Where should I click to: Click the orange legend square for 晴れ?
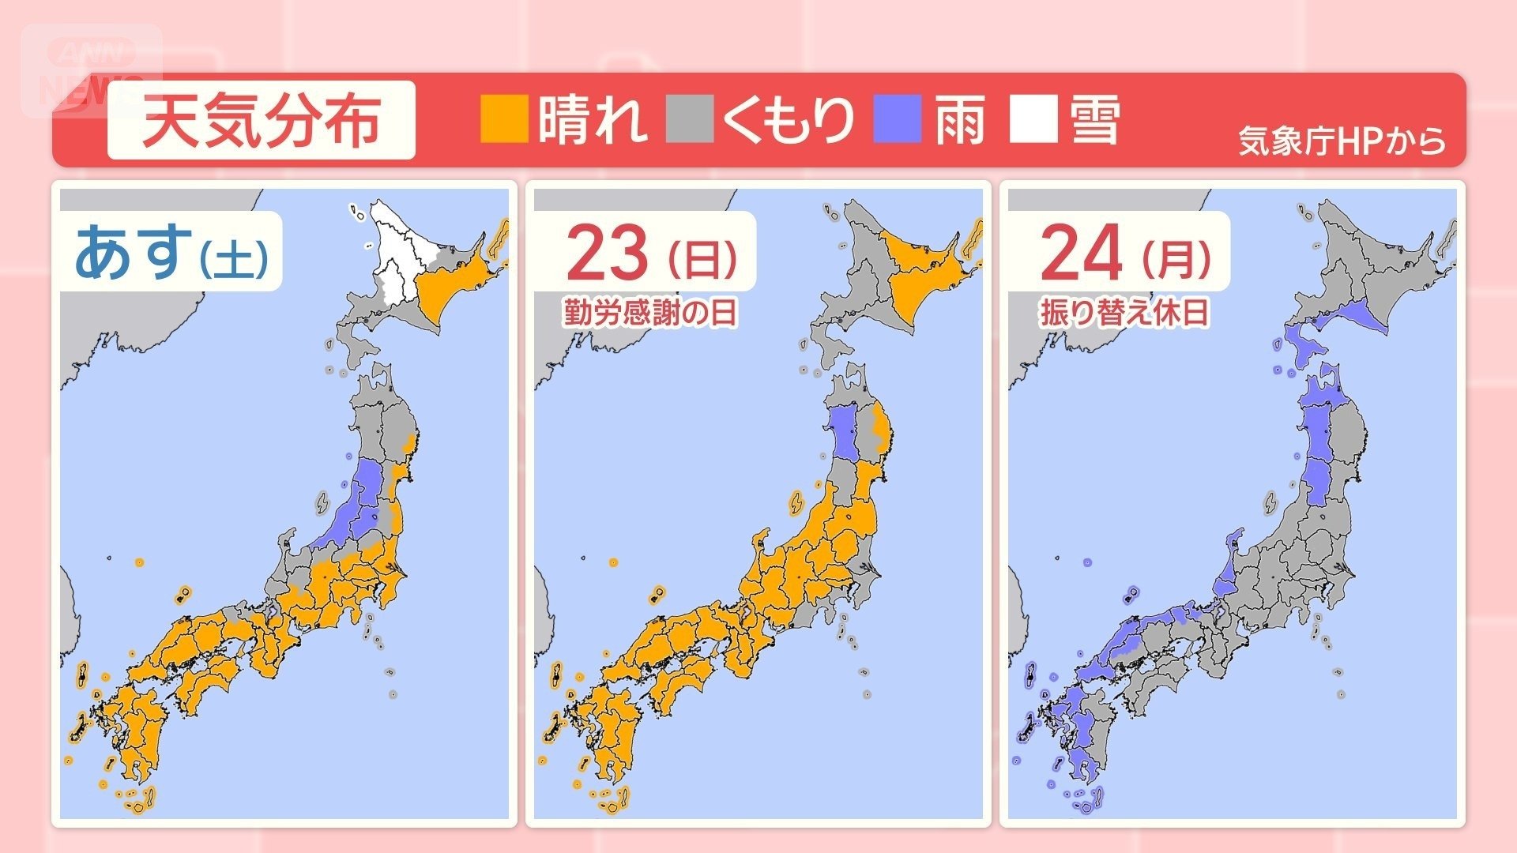(x=504, y=119)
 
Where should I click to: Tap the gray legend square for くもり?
(x=690, y=119)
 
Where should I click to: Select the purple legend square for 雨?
(x=898, y=119)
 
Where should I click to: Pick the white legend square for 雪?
(x=1033, y=119)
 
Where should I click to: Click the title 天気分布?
(x=261, y=121)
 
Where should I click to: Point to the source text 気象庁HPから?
(x=1341, y=141)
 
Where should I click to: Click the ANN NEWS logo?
(x=91, y=71)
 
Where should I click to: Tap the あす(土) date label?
(x=170, y=252)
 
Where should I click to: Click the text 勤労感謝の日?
(x=650, y=313)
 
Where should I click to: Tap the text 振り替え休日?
(x=1124, y=313)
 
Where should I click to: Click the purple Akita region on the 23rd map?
(x=845, y=430)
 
